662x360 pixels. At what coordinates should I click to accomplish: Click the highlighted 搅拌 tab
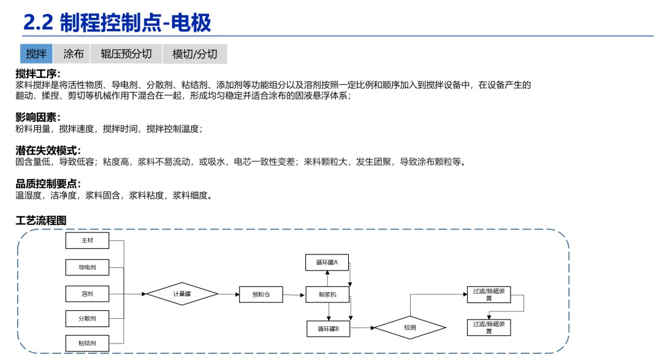pos(36,54)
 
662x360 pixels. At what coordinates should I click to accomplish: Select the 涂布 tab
pos(74,54)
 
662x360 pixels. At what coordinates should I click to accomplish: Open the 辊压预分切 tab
pos(126,54)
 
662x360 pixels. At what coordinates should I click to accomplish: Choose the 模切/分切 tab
pos(195,54)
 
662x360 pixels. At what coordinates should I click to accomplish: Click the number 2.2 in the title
pos(38,23)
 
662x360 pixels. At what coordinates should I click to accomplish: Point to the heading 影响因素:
pos(38,117)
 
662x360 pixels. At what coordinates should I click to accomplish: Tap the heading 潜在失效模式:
pos(48,150)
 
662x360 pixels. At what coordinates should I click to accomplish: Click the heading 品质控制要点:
pos(48,183)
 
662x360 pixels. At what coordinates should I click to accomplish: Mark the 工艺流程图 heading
pos(40,220)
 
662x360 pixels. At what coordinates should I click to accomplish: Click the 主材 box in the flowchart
pos(87,240)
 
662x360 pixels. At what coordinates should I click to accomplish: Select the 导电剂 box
pos(87,267)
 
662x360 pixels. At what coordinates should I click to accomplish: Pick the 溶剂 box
pos(87,294)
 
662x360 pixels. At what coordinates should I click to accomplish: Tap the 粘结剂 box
pos(87,343)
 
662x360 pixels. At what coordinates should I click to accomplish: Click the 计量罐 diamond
pos(182,294)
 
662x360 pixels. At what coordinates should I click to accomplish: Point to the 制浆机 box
pos(327,295)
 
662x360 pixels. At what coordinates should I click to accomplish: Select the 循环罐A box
pos(327,262)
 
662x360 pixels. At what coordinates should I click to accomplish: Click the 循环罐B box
pos(328,329)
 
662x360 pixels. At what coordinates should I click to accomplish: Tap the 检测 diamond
pos(409,327)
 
